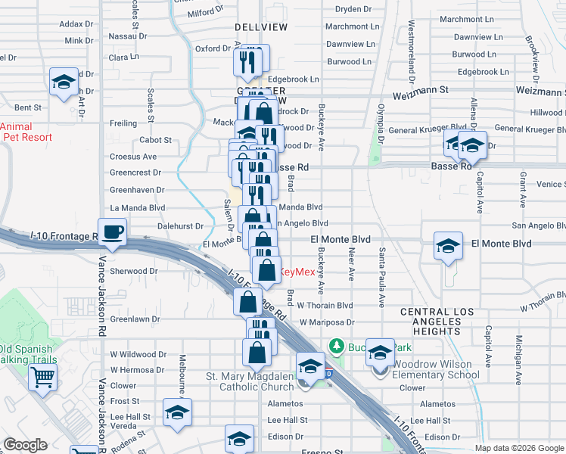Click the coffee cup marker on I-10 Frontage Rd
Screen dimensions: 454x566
click(113, 232)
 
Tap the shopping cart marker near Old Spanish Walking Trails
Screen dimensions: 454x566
click(42, 378)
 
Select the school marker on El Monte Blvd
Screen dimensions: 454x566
click(448, 246)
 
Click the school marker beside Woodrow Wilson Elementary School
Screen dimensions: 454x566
click(380, 352)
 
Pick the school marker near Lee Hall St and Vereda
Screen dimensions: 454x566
click(177, 412)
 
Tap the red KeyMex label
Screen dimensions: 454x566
click(297, 272)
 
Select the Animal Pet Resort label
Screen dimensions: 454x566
click(26, 132)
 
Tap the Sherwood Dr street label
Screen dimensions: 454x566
click(134, 271)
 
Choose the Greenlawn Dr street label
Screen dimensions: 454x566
click(135, 319)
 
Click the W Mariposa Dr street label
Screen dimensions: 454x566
click(326, 322)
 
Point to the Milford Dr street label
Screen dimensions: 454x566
click(207, 13)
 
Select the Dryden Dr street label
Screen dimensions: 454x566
click(353, 10)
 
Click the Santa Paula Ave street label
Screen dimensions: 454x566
click(383, 277)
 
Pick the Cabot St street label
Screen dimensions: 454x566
click(156, 140)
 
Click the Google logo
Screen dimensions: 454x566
click(25, 445)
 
